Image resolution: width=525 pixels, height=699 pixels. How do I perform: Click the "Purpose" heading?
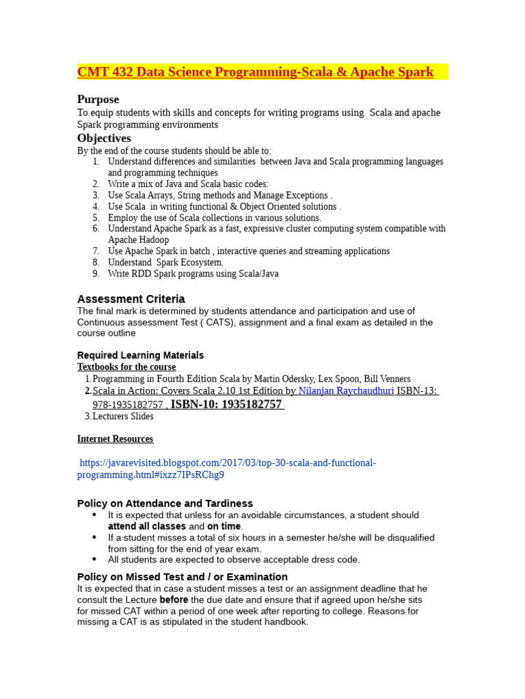98,100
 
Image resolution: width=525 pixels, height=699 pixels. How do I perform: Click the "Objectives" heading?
104,139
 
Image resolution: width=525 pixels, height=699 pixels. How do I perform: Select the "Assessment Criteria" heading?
131,299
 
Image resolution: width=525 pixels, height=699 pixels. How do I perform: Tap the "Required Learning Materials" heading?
140,356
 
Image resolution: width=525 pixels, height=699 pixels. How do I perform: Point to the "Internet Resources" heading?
115,439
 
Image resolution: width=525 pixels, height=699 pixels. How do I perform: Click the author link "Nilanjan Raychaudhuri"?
346,391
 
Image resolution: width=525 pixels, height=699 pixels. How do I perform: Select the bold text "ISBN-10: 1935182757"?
226,404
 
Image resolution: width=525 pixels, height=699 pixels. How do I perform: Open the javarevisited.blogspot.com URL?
226,468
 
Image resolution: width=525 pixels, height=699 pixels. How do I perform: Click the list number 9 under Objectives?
96,274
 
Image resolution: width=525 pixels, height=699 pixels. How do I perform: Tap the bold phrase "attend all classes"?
147,527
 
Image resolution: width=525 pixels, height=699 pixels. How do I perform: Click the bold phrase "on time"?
224,527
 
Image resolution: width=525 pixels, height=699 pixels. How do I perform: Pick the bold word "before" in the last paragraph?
174,600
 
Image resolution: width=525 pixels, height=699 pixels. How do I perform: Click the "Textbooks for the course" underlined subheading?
126,367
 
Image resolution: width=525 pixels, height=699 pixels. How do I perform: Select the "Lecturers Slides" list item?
123,416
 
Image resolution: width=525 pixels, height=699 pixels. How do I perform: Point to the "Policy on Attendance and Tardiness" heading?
165,503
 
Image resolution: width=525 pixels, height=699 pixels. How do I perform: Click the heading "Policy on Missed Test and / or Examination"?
183,577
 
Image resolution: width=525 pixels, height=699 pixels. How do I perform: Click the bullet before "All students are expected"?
94,559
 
